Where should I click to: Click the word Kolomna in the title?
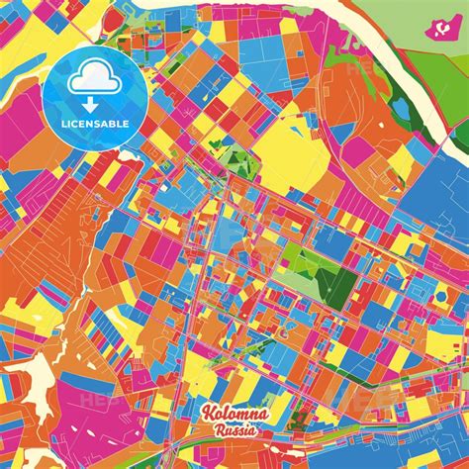coord(230,416)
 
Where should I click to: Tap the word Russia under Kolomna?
coord(234,431)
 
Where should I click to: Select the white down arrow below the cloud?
coord(94,102)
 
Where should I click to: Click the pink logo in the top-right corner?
coord(436,31)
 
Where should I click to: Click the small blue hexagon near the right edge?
coord(440,296)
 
